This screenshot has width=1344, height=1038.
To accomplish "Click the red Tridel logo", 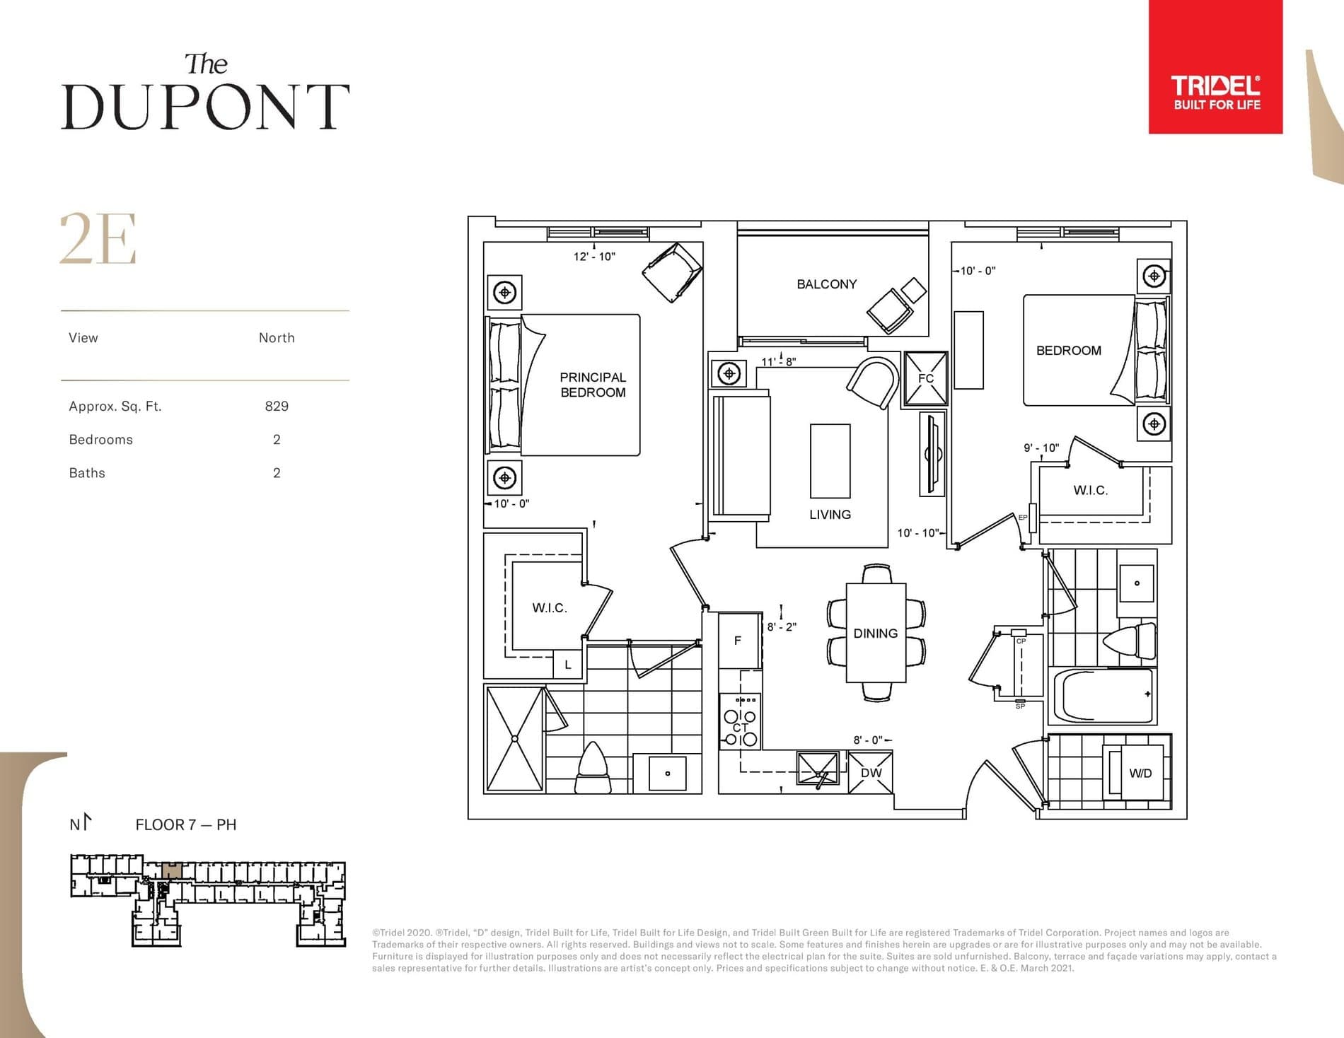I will point(1215,66).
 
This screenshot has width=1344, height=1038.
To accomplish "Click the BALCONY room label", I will point(826,284).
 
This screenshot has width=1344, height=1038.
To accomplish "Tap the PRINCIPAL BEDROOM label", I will point(593,385).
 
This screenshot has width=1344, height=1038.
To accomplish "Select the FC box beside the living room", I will point(925,378).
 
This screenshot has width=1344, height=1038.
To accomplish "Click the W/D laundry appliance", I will point(1140,773).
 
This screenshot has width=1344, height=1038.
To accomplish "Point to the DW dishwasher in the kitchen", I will point(871,773).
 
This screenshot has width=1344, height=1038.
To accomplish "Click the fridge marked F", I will point(738,641).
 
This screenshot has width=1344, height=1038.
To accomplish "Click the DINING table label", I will point(875,634).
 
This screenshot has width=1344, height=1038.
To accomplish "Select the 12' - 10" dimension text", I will point(593,257).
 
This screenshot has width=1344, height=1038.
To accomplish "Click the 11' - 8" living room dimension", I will point(778,361).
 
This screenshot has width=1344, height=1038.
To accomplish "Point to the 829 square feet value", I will point(276,406).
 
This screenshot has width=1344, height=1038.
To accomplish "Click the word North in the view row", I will point(277,338).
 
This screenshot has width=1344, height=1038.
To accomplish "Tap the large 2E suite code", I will point(98,240).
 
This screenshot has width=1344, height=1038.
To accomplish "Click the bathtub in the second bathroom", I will point(1102,696).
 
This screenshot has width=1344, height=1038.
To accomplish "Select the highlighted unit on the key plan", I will point(172,870).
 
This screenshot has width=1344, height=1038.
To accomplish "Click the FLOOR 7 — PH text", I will point(185,824).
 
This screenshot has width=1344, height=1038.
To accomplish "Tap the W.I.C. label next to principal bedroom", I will point(549,608).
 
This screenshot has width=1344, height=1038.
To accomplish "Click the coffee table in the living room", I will point(830,461).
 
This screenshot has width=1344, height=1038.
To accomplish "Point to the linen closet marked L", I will point(567,665).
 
